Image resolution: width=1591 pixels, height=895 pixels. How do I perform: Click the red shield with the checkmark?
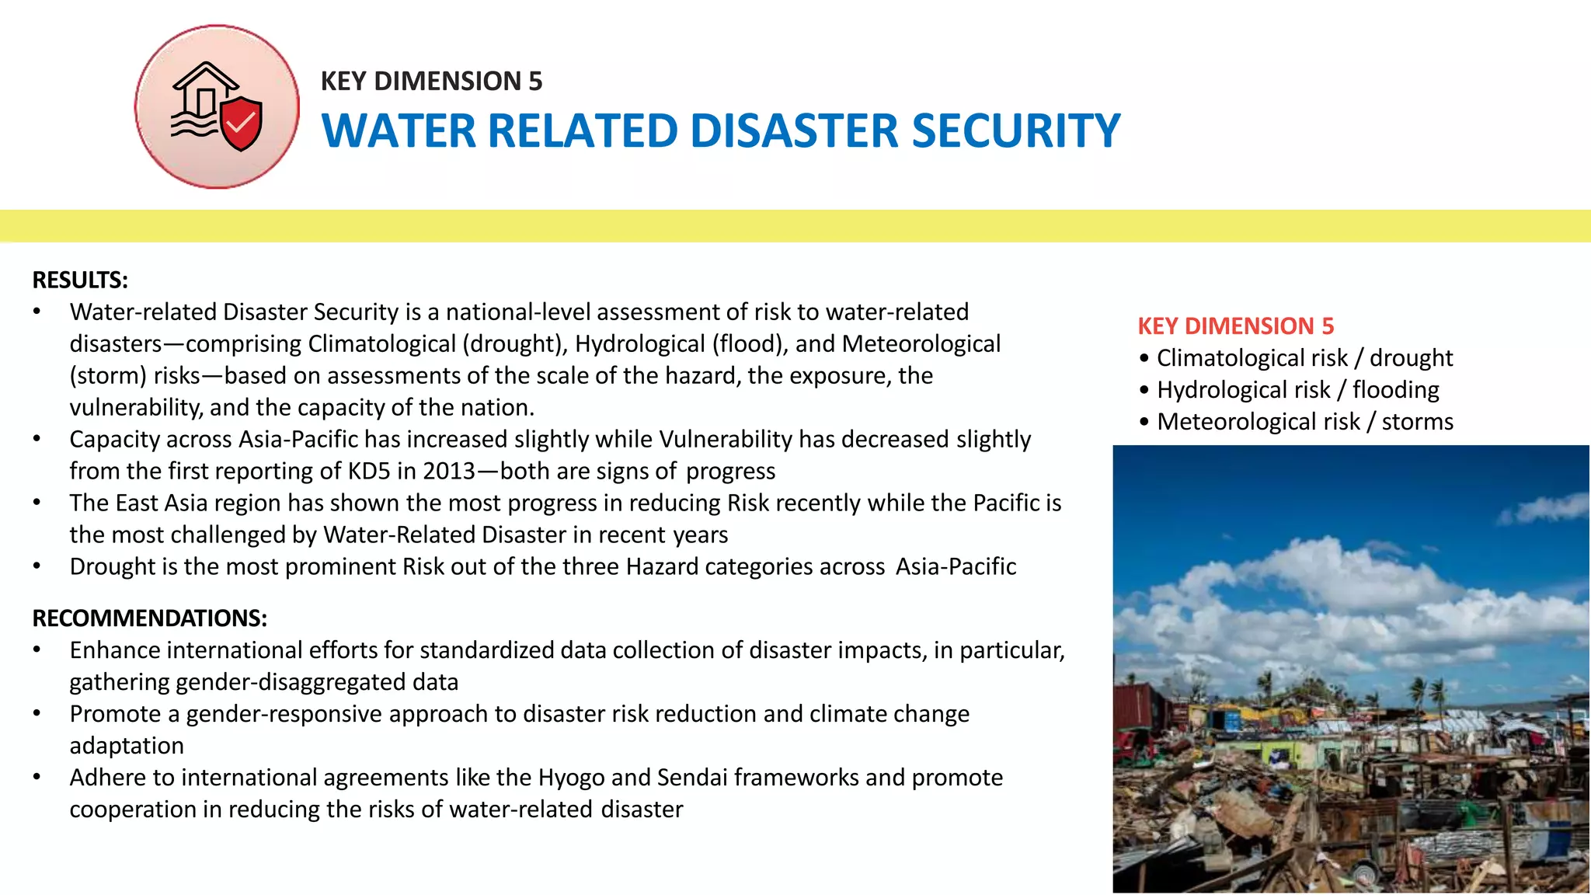242,123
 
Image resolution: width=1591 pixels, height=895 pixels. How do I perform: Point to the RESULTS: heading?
80,280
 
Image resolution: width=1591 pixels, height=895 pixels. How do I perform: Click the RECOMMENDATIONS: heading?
150,618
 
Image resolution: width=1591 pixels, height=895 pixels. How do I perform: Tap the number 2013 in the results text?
449,472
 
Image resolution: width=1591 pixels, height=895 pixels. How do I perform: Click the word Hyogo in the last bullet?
571,778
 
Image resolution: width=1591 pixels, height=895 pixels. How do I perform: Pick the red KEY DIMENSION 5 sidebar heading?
1235,326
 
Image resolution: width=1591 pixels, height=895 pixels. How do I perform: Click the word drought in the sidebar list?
1411,358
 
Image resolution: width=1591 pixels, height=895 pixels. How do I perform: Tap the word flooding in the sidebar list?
1395,390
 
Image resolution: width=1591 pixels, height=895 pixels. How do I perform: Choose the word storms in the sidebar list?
1417,422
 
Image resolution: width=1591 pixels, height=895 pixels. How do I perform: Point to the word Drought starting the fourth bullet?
113,567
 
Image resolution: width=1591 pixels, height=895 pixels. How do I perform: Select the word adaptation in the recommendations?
127,746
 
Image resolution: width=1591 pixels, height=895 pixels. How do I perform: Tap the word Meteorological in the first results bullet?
921,344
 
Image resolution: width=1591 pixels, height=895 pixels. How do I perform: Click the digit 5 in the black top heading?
535,82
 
